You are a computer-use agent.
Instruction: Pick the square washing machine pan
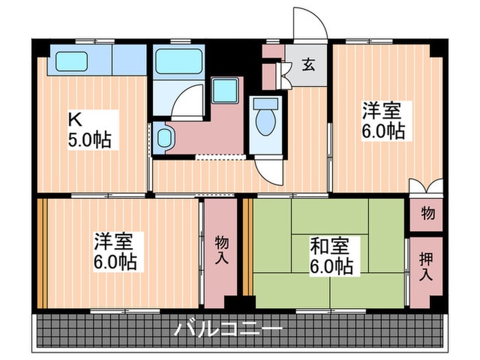pyautogui.click(x=224, y=91)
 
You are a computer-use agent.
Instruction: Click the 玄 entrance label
pyautogui.click(x=308, y=66)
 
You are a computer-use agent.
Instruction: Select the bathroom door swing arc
pyautogui.click(x=189, y=103)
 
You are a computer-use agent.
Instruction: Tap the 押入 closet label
pyautogui.click(x=426, y=267)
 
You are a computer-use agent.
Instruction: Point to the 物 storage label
pyautogui.click(x=427, y=214)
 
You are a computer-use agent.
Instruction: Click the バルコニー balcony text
pyautogui.click(x=228, y=329)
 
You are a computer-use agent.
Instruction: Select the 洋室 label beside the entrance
pyautogui.click(x=384, y=120)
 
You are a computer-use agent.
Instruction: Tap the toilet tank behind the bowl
pyautogui.click(x=265, y=105)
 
